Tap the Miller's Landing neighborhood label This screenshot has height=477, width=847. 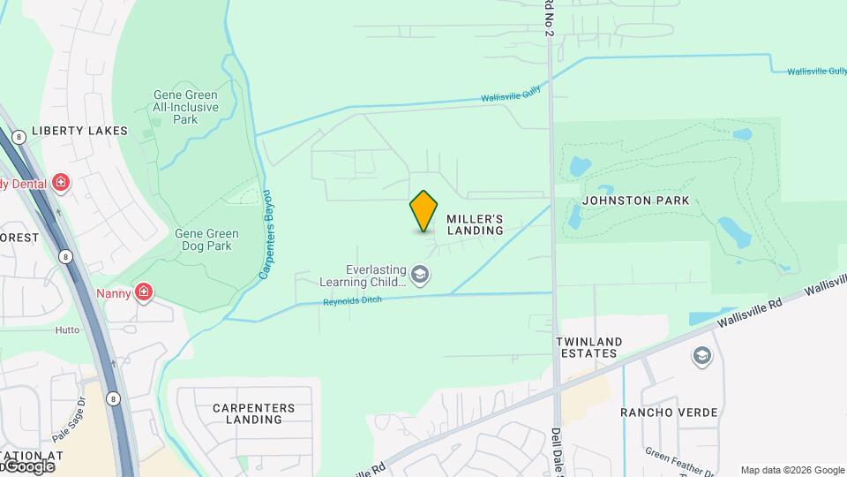click(475, 224)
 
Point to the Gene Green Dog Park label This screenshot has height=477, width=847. click(206, 239)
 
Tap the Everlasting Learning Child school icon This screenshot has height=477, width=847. click(421, 276)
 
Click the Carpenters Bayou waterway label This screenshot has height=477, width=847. click(266, 235)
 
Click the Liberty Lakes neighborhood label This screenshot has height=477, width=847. click(79, 131)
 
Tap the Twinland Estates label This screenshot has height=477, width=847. click(588, 347)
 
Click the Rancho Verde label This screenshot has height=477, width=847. click(669, 413)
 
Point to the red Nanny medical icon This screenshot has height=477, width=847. click(144, 292)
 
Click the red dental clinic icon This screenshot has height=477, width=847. click(61, 184)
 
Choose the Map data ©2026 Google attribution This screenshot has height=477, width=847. click(792, 470)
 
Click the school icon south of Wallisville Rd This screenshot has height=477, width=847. click(702, 355)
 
